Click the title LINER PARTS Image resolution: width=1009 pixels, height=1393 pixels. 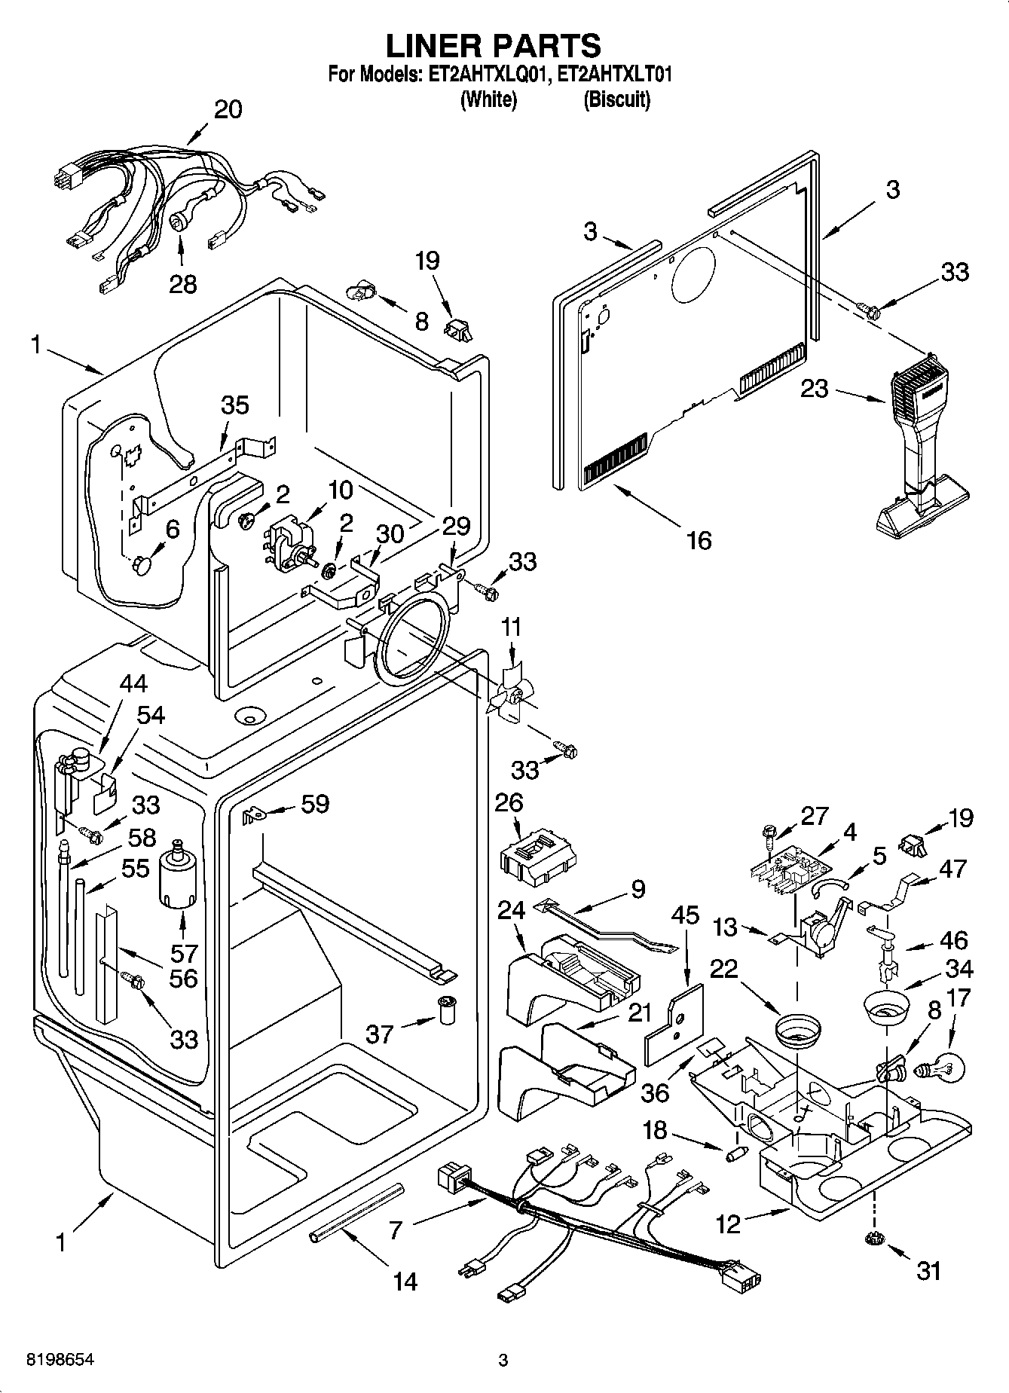click(494, 46)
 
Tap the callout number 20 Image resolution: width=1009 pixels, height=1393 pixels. click(228, 109)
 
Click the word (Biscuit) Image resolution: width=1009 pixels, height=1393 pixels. click(616, 99)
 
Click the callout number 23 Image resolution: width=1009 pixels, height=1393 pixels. click(814, 389)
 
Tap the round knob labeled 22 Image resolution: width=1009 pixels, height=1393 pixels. click(798, 1029)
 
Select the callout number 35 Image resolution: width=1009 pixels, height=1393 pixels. click(234, 405)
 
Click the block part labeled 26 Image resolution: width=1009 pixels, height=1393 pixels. click(537, 857)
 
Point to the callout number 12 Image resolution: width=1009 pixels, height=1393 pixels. click(729, 1225)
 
